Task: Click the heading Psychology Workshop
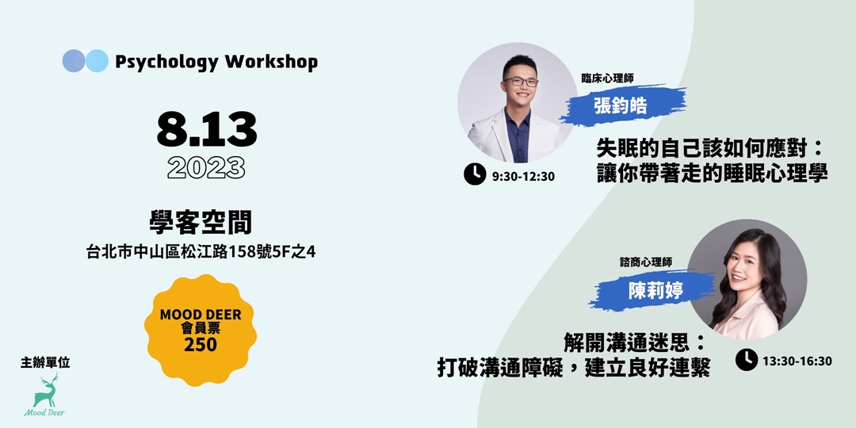pos(216,62)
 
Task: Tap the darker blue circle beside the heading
pos(73,61)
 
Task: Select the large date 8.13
pos(206,130)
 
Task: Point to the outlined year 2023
pos(206,168)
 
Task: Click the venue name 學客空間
pos(201,224)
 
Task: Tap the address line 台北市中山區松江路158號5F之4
pos(201,252)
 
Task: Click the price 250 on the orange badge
pos(201,345)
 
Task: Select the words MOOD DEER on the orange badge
pos(201,315)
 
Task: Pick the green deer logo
pos(44,395)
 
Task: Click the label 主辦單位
pos(45,362)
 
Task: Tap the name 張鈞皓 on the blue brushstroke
pos(620,105)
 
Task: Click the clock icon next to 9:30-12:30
pos(475,174)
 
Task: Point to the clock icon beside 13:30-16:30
pos(747,360)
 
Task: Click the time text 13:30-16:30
pos(797,361)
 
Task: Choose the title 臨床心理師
pos(608,78)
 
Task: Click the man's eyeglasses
pos(520,82)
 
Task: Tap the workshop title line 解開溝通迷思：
pos(632,343)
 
